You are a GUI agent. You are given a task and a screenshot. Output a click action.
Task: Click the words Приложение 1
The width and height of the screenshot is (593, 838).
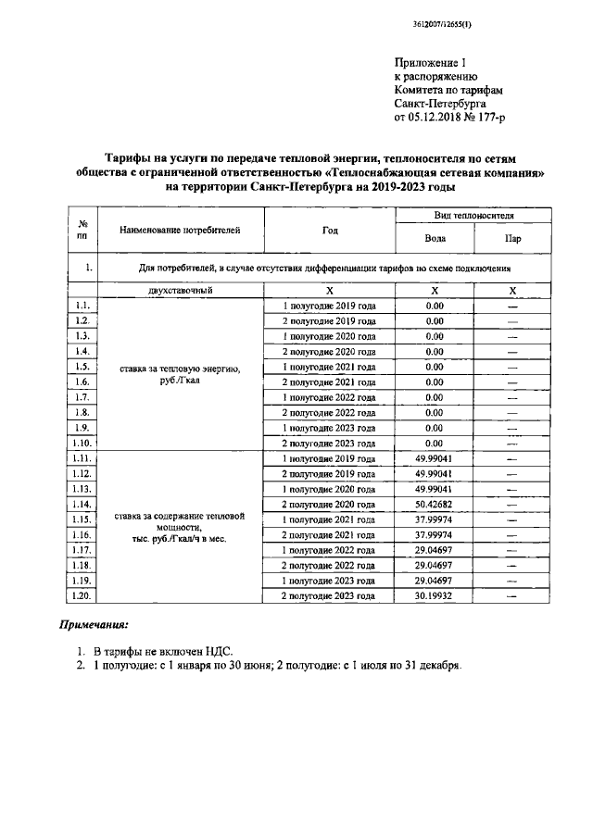click(429, 62)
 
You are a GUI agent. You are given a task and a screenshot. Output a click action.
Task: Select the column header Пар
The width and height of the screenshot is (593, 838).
click(511, 238)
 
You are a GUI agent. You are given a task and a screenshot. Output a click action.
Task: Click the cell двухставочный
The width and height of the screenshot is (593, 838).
click(180, 290)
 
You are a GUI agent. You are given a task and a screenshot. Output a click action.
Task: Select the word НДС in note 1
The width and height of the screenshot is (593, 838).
click(212, 652)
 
